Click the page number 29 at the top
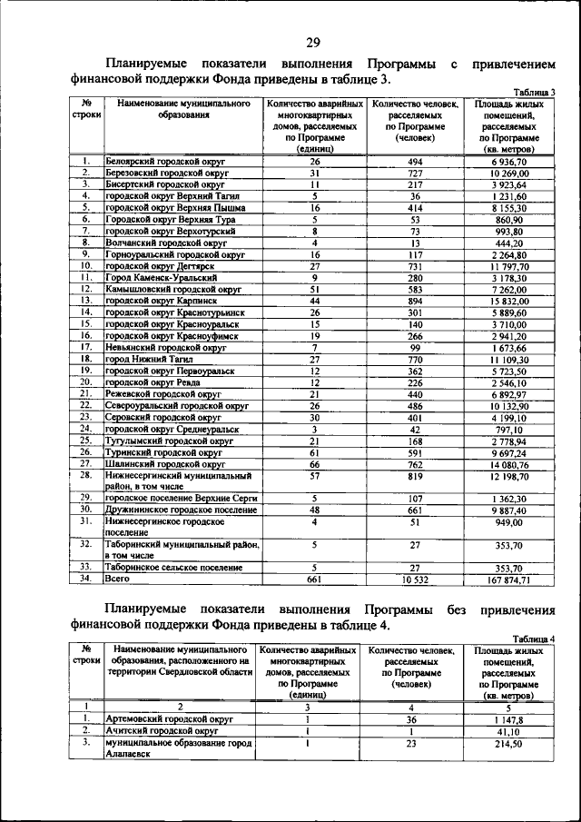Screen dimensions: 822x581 pos(313,42)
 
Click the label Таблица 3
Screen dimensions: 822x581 pos(535,93)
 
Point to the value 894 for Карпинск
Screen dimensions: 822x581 pos(414,300)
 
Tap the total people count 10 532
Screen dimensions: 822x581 pos(414,578)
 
